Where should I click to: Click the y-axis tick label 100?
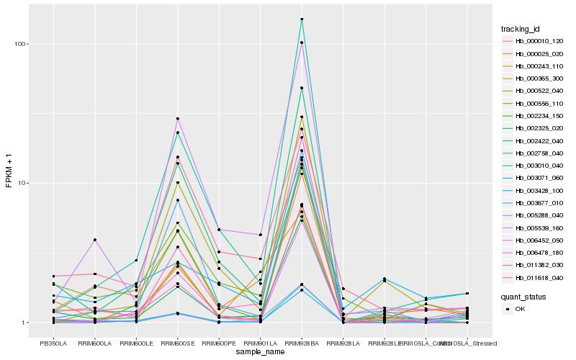click(19, 44)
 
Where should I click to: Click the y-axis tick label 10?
click(22, 183)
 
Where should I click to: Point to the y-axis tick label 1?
click(24, 323)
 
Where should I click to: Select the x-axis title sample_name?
click(260, 352)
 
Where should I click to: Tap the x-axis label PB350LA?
click(53, 343)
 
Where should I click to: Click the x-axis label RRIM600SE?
click(177, 343)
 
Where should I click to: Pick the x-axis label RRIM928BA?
click(302, 343)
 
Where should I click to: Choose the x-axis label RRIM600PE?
click(219, 343)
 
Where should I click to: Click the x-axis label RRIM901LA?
click(260, 343)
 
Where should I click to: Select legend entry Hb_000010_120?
click(539, 41)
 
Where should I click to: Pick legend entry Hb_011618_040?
click(539, 277)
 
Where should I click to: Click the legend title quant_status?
click(524, 296)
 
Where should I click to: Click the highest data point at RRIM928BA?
click(302, 19)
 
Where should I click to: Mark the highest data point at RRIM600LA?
click(94, 240)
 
